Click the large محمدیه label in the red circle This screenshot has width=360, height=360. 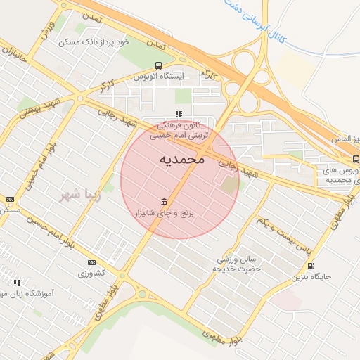click(181, 160)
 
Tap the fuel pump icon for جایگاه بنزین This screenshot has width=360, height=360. click(311, 266)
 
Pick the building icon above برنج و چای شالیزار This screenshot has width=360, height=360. click(164, 202)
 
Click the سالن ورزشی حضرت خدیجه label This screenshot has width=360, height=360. click(236, 264)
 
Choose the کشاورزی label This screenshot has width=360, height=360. click(91, 272)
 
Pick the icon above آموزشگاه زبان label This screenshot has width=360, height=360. click(16, 283)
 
